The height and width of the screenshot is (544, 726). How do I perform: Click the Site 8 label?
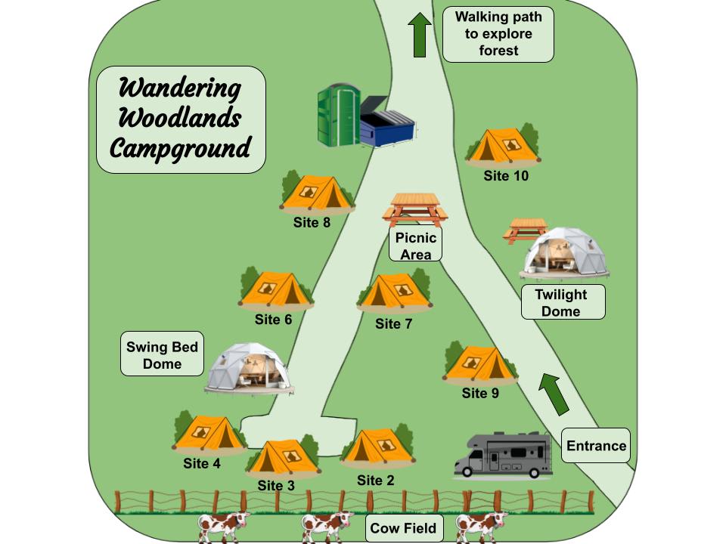pyautogui.click(x=312, y=223)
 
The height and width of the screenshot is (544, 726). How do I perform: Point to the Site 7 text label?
pyautogui.click(x=393, y=324)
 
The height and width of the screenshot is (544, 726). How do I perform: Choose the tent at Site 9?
pyautogui.click(x=479, y=363)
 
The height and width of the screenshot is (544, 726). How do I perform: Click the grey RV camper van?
pyautogui.click(x=503, y=456)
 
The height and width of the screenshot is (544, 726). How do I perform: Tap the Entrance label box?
pyautogui.click(x=596, y=446)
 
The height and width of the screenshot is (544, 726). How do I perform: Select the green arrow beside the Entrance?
pyautogui.click(x=554, y=393)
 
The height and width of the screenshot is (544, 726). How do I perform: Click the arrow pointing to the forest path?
pyautogui.click(x=419, y=35)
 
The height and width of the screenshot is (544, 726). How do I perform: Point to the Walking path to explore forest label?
pyautogui.click(x=498, y=34)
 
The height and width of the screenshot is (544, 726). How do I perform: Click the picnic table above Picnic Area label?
pyautogui.click(x=414, y=209)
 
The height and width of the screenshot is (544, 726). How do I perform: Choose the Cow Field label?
pyautogui.click(x=403, y=527)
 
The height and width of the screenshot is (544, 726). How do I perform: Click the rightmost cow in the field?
pyautogui.click(x=481, y=525)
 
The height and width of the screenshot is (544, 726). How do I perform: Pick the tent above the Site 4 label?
pyautogui.click(x=208, y=433)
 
